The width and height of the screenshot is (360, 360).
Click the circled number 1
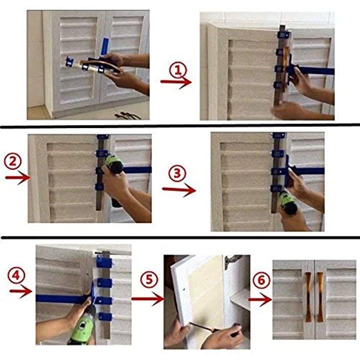pyautogui.click(x=178, y=70)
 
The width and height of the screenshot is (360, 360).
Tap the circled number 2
pyautogui.click(x=13, y=161)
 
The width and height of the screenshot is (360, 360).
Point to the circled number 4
pyautogui.click(x=16, y=275)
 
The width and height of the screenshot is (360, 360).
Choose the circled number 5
pyautogui.click(x=149, y=279)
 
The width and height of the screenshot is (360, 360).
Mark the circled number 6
pyautogui.click(x=261, y=280)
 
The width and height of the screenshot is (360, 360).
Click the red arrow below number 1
pyautogui.click(x=176, y=82)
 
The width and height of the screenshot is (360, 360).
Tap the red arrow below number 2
pyautogui.click(x=17, y=177)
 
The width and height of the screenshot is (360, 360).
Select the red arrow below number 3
pyautogui.click(x=179, y=190)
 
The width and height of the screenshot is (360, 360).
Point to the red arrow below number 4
pyautogui.click(x=20, y=291)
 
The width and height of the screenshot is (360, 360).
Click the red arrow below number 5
pyautogui.click(x=147, y=298)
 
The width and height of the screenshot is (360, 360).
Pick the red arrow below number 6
pyautogui.click(x=260, y=299)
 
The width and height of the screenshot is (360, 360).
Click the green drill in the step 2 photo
pyautogui.click(x=114, y=174)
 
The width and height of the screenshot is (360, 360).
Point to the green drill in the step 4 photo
pyautogui.click(x=82, y=326)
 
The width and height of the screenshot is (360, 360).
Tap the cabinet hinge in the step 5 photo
pyautogui.click(x=233, y=261)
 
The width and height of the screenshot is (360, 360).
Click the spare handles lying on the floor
pyautogui.click(x=127, y=115)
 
